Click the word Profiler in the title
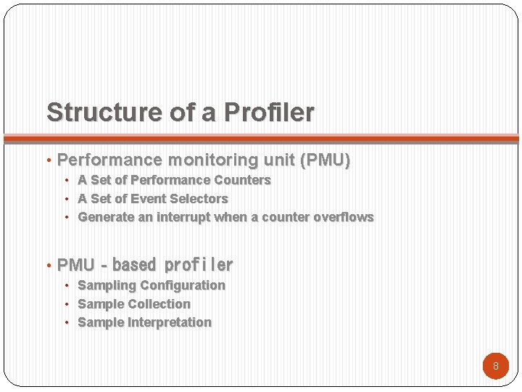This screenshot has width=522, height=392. pos(269,113)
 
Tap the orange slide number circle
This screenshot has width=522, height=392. pos(496,366)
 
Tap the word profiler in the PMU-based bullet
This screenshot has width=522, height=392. pos(199,265)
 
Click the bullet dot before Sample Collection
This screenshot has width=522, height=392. pos(67,304)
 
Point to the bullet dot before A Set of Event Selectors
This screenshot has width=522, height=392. pos(67,199)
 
